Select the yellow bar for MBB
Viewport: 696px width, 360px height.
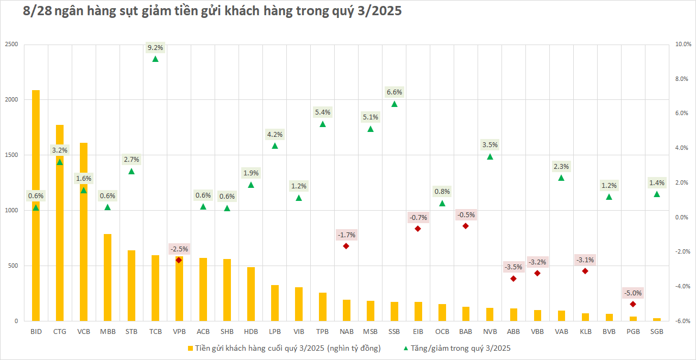click(108, 277)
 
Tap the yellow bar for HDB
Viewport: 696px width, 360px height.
click(251, 294)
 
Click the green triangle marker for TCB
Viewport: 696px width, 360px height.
click(155, 59)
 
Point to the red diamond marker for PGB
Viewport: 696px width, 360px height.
click(633, 304)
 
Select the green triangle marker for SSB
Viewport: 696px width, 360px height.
click(394, 104)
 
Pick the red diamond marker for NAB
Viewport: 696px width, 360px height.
click(346, 246)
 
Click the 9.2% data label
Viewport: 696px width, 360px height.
click(155, 48)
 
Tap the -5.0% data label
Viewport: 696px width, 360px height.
click(633, 293)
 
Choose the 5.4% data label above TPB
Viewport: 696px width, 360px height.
click(323, 112)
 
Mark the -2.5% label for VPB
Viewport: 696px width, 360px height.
click(179, 249)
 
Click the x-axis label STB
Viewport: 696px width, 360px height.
click(131, 331)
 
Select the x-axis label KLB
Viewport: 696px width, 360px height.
click(585, 331)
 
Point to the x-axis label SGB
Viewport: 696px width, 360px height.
click(657, 331)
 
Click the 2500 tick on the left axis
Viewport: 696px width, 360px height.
click(10, 44)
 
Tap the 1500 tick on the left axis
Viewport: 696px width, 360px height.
click(10, 155)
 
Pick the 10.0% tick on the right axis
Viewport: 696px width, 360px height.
click(682, 44)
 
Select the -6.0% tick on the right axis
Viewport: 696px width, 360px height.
click(682, 321)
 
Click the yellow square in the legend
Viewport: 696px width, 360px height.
click(190, 348)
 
